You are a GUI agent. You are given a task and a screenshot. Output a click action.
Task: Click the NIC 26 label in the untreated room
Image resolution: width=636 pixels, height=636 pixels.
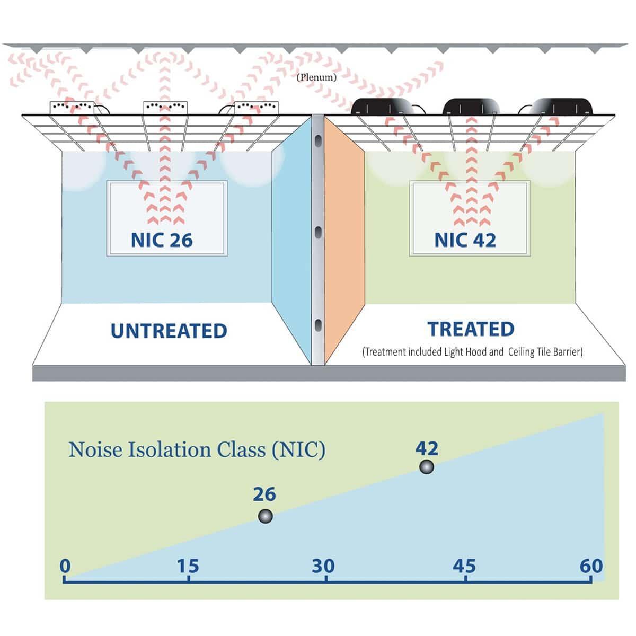tap(162, 240)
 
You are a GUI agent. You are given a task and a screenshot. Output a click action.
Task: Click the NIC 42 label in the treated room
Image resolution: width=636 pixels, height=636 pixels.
tap(465, 240)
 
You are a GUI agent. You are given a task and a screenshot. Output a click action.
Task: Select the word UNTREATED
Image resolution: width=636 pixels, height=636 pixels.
tap(169, 331)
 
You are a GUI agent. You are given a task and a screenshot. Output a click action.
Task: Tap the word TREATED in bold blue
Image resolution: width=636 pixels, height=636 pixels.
tap(471, 329)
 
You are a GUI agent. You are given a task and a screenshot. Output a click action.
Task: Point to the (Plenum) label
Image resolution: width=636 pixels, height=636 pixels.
tap(316, 77)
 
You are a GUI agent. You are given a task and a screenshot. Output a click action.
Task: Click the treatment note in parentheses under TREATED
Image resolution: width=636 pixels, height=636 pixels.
tap(472, 352)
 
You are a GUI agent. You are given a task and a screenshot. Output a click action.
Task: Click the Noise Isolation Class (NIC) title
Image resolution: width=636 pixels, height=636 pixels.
tap(197, 450)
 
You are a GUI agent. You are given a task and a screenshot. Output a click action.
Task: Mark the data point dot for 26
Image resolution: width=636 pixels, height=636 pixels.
tap(265, 516)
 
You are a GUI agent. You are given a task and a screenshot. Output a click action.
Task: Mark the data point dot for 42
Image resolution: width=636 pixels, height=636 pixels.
tap(427, 467)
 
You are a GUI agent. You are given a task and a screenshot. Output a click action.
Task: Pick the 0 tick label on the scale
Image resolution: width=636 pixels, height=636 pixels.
tap(65, 566)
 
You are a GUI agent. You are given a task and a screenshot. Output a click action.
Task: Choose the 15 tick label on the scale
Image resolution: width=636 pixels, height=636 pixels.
tap(188, 566)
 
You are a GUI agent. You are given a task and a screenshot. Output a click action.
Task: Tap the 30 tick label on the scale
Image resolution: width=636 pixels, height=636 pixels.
tap(323, 566)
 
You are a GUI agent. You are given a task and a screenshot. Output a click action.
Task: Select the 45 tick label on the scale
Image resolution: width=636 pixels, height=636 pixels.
tap(464, 566)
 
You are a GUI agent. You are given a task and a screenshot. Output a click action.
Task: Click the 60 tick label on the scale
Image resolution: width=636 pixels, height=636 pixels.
tap(591, 566)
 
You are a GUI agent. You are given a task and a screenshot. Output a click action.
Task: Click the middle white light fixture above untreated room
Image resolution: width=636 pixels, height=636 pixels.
tap(165, 108)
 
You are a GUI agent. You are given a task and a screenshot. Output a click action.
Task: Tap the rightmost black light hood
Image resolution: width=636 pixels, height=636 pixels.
tap(561, 107)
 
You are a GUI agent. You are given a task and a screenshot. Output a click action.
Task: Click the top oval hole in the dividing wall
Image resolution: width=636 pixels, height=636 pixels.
tap(318, 141)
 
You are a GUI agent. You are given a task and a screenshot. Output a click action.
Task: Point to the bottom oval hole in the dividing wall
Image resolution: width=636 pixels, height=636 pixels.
tap(318, 325)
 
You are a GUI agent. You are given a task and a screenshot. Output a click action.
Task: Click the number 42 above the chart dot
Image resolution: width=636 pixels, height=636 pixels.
tap(427, 448)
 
